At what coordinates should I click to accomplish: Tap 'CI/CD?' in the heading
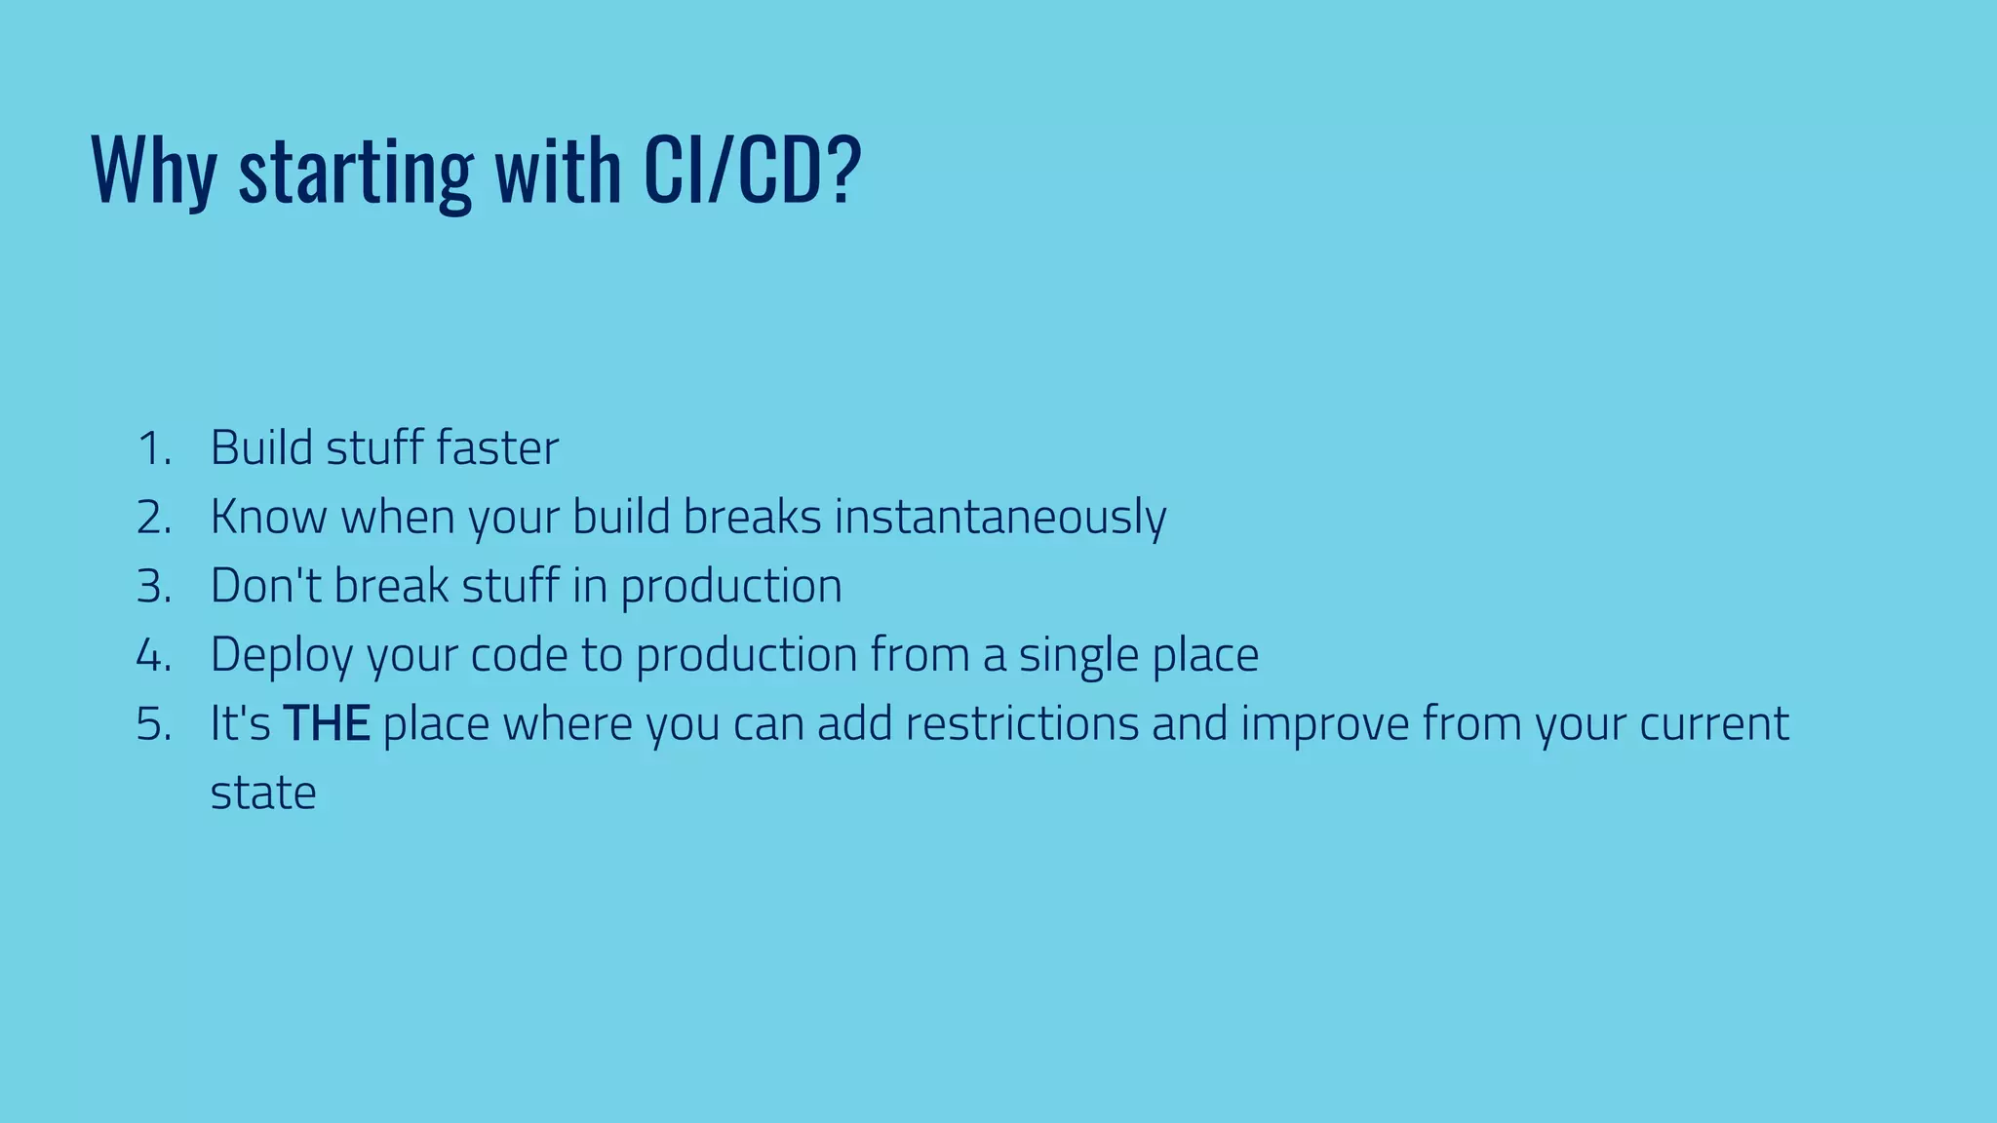(752, 171)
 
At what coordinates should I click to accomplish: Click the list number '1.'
(155, 449)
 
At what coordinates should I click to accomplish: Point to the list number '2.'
(155, 518)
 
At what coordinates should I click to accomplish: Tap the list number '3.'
(155, 587)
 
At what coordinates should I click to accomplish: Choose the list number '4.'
(155, 655)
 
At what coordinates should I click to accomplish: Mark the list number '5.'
(155, 724)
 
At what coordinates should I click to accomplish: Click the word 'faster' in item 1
(497, 448)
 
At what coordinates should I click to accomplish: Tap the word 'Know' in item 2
(268, 518)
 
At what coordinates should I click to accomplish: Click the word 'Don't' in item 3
(265, 587)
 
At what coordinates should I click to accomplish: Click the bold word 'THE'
(326, 724)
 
